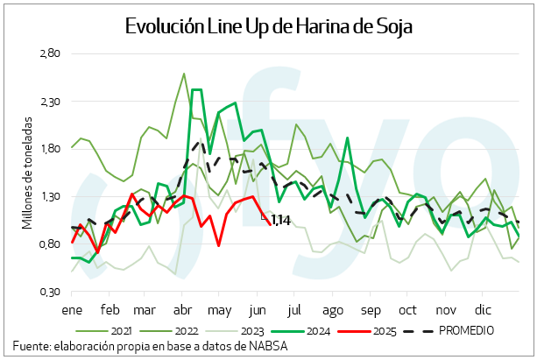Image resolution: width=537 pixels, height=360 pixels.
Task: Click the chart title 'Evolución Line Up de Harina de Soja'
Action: pos(268,26)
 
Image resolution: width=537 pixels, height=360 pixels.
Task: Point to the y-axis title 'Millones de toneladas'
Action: pos(27,173)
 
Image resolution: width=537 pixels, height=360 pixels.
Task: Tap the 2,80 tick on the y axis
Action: pos(49,54)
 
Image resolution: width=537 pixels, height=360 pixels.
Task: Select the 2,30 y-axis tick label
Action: pos(49,102)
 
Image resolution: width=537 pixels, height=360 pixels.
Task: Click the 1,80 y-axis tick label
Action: pos(49,149)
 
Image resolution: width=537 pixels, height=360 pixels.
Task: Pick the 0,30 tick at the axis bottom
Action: pos(49,291)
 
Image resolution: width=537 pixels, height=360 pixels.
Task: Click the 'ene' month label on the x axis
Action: pos(71,310)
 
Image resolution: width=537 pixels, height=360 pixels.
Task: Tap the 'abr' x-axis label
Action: pos(184,310)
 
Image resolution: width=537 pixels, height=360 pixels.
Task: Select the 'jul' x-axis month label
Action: pos(294,310)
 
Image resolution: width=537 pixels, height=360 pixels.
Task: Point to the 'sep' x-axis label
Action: pos(370,310)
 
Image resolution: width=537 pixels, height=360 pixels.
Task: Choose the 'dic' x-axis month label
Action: pos(483,310)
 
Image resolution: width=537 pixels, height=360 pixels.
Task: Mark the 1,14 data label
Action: pos(280,219)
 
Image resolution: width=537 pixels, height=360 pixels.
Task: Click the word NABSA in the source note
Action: pos(269,347)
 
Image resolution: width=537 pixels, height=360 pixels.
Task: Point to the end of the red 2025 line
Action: pos(269,224)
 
